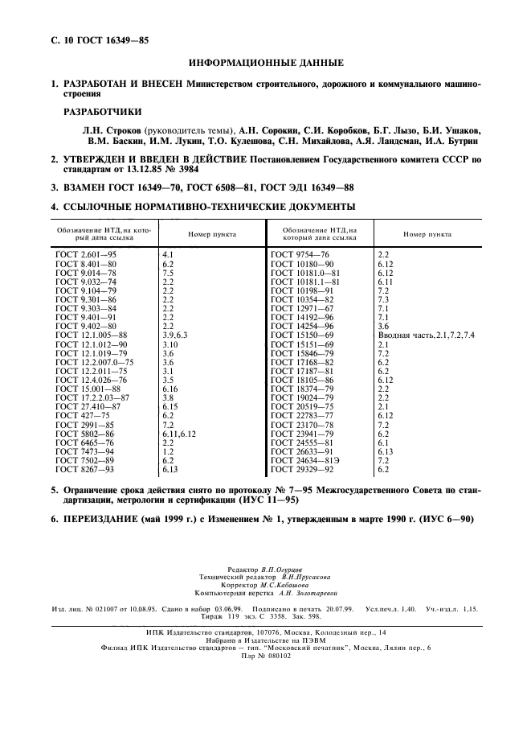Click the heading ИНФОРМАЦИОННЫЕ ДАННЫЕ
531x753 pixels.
click(265, 63)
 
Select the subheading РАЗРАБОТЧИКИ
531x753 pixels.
click(101, 112)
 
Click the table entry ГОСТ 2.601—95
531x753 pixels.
click(86, 254)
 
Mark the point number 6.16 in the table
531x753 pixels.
click(170, 388)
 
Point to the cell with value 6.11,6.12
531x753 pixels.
click(179, 433)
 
